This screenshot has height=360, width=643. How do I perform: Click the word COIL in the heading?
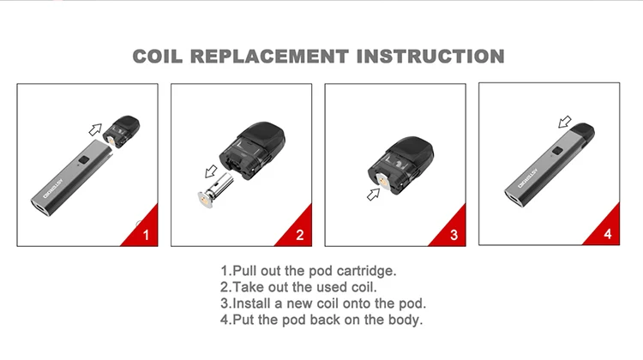coord(158,57)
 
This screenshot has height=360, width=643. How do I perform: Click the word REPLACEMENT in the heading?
coord(269,57)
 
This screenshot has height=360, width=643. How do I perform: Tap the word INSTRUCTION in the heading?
coord(430,57)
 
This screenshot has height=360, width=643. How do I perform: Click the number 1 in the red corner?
coord(146,235)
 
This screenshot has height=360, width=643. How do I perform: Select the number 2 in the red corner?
coord(300,235)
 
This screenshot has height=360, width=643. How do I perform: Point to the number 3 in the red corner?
coord(454,235)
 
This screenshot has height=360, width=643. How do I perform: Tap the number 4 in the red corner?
coord(608,234)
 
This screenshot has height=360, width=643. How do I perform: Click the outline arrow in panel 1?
coord(95,129)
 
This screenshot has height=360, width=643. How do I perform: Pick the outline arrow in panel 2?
coord(211,171)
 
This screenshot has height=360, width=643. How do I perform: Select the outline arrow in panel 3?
coord(373,195)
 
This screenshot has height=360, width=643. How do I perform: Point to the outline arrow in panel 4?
coord(565,122)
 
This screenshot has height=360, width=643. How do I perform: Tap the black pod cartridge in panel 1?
coord(121,132)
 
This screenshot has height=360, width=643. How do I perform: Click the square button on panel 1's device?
coord(84,160)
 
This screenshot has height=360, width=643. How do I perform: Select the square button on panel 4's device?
coord(557,151)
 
